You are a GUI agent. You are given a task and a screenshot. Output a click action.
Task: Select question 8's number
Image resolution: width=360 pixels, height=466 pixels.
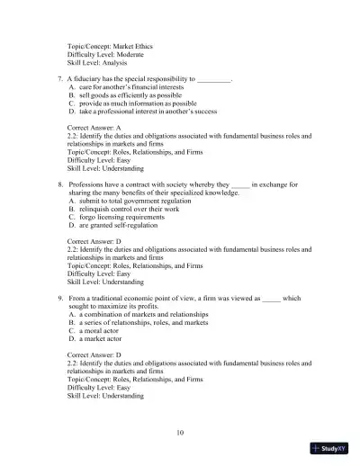click(x=58, y=183)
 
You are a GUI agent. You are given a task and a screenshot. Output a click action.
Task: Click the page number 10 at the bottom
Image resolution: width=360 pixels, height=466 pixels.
click(x=181, y=433)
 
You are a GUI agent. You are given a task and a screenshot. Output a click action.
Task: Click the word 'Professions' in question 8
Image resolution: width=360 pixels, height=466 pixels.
click(x=87, y=183)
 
